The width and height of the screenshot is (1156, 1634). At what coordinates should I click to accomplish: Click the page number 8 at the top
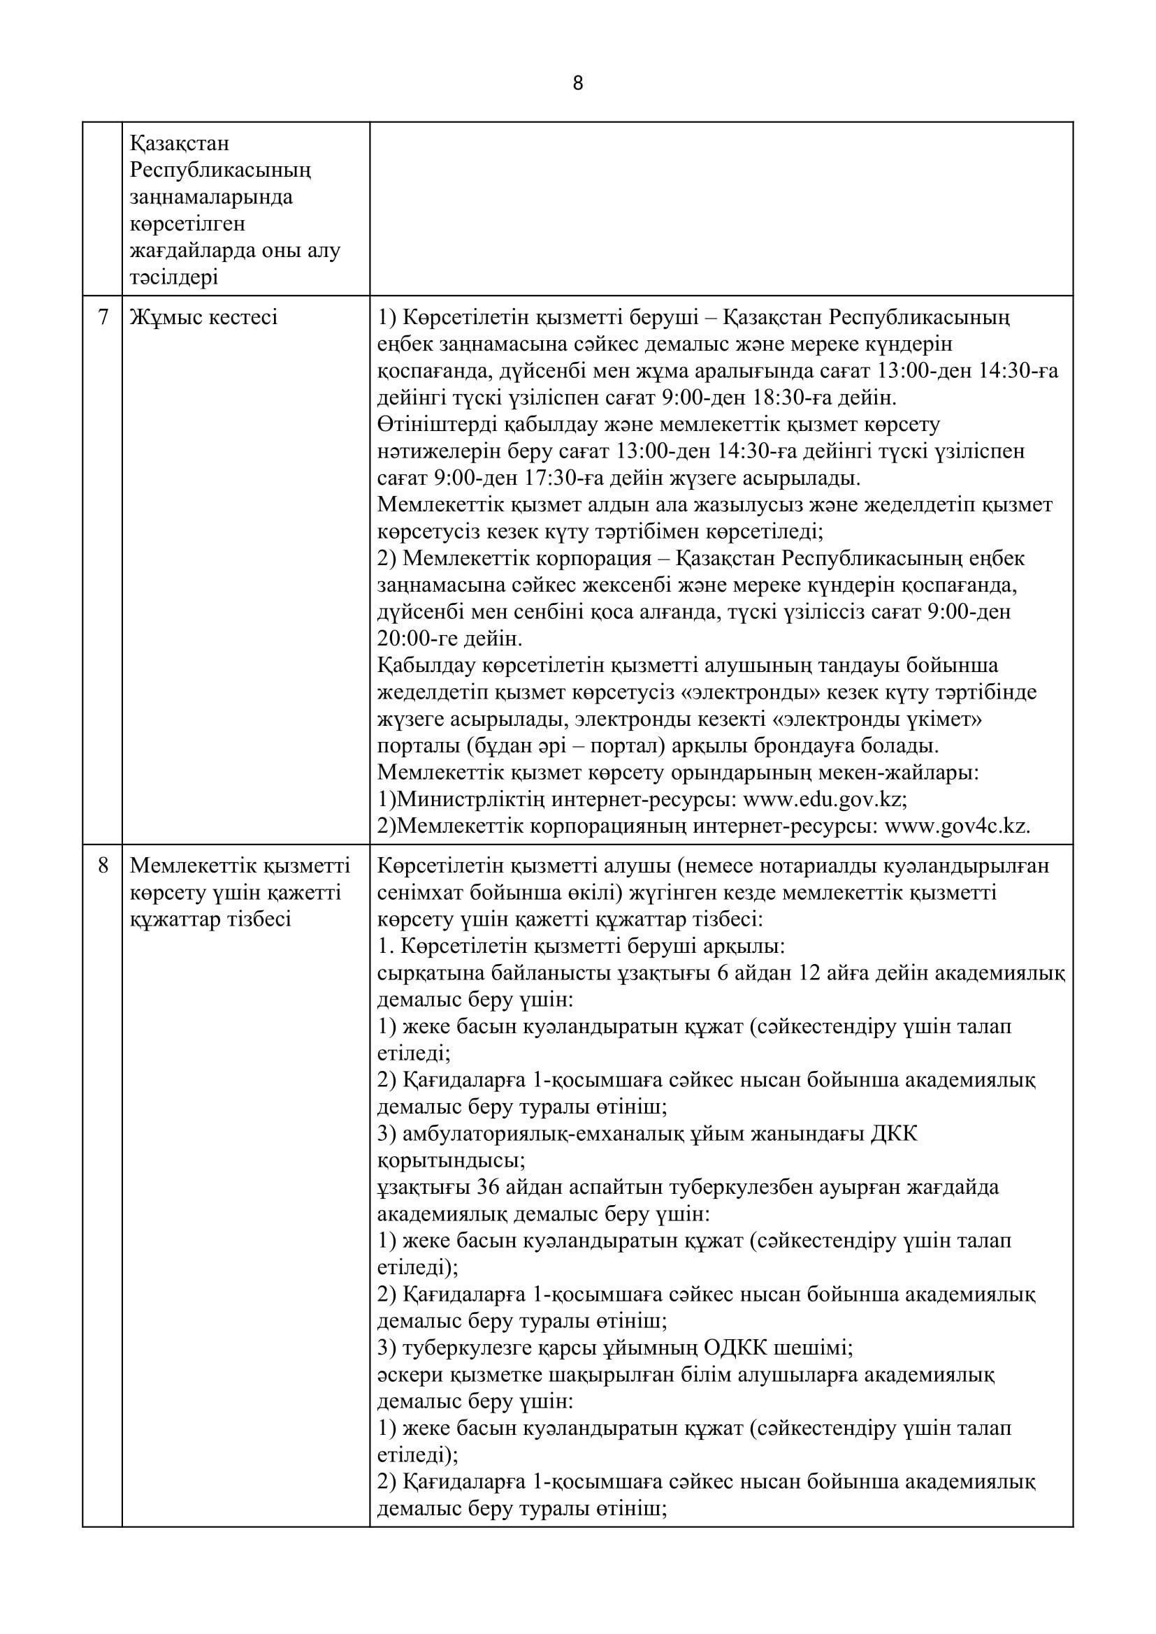point(577,84)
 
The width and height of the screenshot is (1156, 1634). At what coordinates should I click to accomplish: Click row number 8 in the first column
point(103,866)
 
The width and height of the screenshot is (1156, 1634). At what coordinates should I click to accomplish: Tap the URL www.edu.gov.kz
point(823,799)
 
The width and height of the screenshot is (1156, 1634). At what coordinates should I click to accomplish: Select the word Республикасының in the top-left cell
point(221,170)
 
